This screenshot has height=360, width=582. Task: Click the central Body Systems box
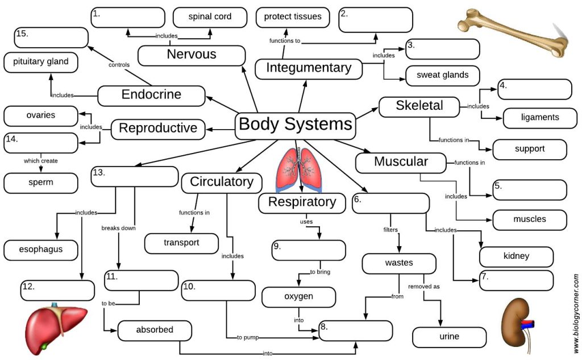tap(296, 125)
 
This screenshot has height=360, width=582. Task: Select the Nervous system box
tap(192, 55)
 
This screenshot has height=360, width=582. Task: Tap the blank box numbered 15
tap(51, 38)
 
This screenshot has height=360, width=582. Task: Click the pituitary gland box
tap(41, 62)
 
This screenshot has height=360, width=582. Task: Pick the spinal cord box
tap(210, 17)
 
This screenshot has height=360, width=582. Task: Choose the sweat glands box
tap(443, 75)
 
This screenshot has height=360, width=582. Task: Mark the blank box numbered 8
tap(356, 331)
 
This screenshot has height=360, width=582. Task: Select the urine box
tap(449, 337)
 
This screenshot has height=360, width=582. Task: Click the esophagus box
tap(41, 249)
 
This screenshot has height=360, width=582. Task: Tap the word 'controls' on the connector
tap(119, 65)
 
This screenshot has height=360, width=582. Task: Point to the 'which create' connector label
tap(40, 161)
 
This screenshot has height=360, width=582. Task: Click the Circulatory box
tap(222, 183)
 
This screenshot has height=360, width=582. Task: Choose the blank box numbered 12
tap(57, 291)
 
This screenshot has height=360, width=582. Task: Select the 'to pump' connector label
tap(248, 338)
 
